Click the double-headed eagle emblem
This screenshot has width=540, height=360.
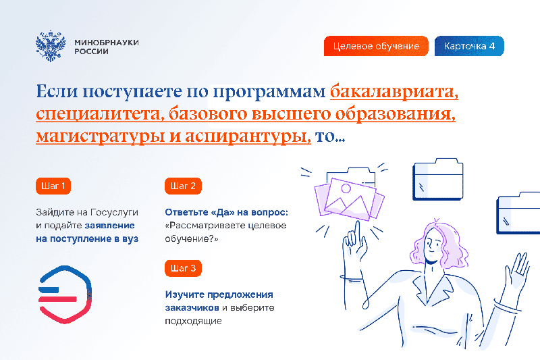click(51, 46)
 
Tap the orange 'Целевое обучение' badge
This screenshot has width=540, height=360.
click(376, 46)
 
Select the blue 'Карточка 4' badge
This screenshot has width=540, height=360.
click(469, 46)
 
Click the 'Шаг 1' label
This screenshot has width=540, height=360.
click(53, 186)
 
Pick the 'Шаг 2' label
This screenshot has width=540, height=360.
click(183, 186)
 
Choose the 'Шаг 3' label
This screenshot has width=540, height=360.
click(183, 268)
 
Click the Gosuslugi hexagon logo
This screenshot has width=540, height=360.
click(65, 294)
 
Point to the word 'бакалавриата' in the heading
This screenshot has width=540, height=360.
click(394, 92)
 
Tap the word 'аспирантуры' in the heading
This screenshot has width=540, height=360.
click(248, 136)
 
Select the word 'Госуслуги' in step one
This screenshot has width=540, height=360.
click(114, 213)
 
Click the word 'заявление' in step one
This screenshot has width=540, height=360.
click(110, 226)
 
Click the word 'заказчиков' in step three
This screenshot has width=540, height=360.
click(192, 307)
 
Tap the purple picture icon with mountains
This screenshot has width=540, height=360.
click(349, 199)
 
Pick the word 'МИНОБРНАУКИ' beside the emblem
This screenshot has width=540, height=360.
click(107, 43)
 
